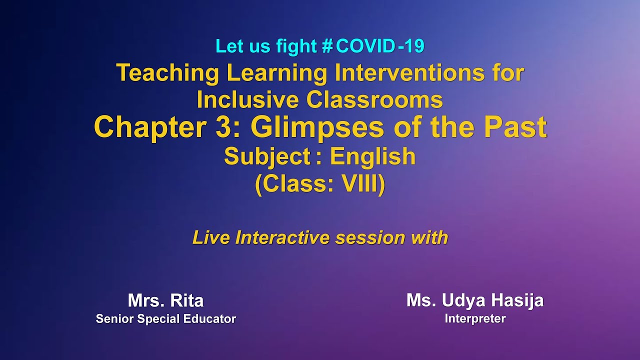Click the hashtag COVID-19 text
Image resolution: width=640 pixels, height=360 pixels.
pyautogui.click(x=373, y=46)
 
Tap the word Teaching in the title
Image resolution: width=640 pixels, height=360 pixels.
pyautogui.click(x=167, y=73)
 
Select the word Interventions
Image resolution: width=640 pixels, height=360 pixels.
pyautogui.click(x=409, y=73)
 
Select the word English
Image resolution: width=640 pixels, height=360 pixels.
pyautogui.click(x=372, y=157)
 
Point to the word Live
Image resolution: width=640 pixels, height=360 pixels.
pyautogui.click(x=211, y=238)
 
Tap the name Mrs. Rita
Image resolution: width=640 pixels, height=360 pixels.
pyautogui.click(x=165, y=301)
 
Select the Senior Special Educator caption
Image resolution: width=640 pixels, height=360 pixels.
pyautogui.click(x=165, y=319)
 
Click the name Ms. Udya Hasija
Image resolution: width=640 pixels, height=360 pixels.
pyautogui.click(x=474, y=300)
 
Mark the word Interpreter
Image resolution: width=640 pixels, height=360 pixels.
pyautogui.click(x=474, y=318)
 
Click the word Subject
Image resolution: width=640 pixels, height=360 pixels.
pyautogui.click(x=267, y=157)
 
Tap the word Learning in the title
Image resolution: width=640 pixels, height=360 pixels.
pyautogui.click(x=276, y=73)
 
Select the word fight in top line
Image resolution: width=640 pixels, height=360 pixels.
pyautogui.click(x=296, y=46)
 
